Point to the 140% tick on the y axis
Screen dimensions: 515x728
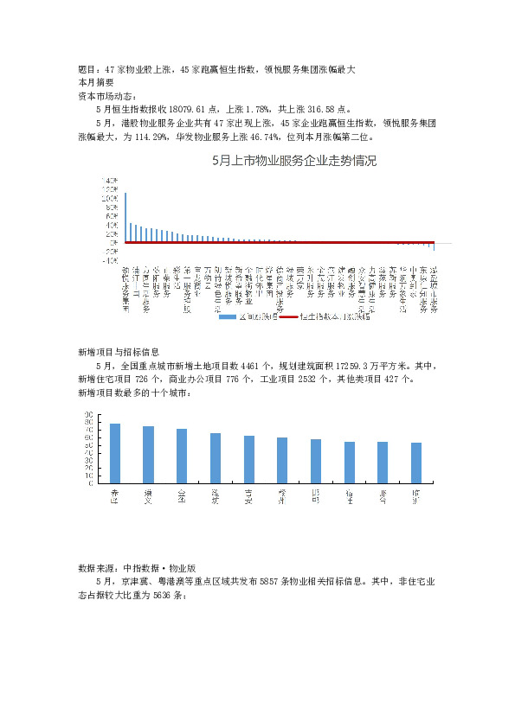click(x=109, y=180)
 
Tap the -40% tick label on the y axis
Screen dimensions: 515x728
click(x=109, y=260)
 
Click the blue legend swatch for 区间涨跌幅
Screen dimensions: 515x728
click(x=226, y=317)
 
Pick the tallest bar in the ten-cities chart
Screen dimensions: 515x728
click(x=115, y=453)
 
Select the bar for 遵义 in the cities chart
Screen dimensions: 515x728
click(x=148, y=455)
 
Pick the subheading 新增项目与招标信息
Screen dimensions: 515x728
click(x=119, y=352)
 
